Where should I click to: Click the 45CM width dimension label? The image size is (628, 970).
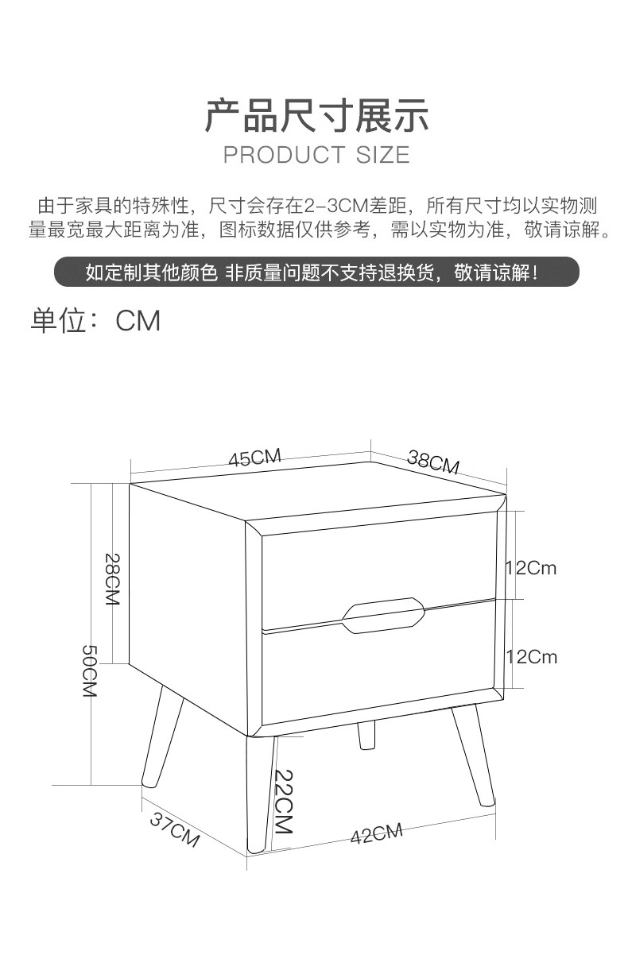[x=255, y=458]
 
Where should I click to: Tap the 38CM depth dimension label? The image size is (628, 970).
[x=433, y=462]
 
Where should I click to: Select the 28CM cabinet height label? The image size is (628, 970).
[x=112, y=578]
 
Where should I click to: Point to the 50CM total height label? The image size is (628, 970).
[x=90, y=670]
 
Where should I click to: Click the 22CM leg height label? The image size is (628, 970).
[x=284, y=802]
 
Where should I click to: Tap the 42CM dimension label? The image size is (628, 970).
[x=376, y=833]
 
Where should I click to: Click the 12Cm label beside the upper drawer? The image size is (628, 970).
[x=531, y=568]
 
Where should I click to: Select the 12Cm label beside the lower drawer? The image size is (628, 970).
[x=531, y=657]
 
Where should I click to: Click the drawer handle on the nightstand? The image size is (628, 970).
[x=383, y=616]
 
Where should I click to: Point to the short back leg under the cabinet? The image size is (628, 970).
[x=366, y=734]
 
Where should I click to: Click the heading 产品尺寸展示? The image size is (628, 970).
[x=317, y=115]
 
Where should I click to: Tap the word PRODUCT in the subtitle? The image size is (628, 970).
[x=284, y=155]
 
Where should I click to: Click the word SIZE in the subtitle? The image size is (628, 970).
[x=382, y=155]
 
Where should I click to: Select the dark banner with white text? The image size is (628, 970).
[x=316, y=272]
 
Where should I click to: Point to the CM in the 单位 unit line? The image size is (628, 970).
[x=138, y=321]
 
